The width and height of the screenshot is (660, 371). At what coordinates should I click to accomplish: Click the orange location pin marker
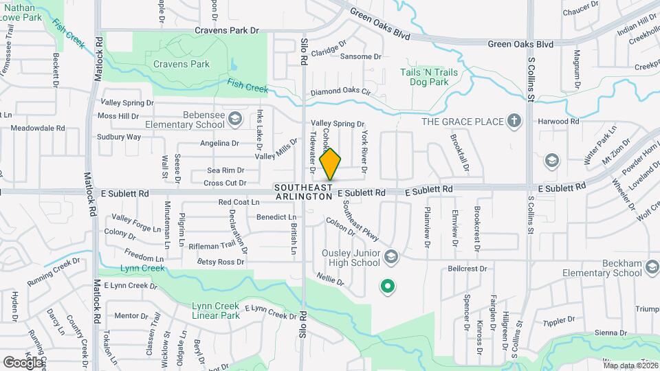[331, 164]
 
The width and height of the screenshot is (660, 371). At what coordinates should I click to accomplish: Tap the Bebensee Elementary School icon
[236, 120]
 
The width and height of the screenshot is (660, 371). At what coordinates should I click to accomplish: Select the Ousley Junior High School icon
[391, 257]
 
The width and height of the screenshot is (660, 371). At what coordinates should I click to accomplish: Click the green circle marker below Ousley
[387, 286]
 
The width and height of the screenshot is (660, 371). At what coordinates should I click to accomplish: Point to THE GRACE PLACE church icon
[514, 122]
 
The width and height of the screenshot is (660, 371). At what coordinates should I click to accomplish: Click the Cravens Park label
[181, 65]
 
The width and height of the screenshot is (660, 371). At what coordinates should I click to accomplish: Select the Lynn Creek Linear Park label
[206, 311]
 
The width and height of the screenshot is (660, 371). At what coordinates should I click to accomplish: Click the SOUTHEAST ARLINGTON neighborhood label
[303, 192]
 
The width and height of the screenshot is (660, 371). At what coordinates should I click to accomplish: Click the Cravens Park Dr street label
[226, 30]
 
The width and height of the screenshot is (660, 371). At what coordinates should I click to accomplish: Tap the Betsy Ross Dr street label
[221, 262]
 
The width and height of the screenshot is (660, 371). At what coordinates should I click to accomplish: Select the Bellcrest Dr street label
[467, 269]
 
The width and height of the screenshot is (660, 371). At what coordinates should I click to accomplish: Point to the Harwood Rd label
[559, 122]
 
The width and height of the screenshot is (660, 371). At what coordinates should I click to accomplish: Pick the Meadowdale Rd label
[37, 128]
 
